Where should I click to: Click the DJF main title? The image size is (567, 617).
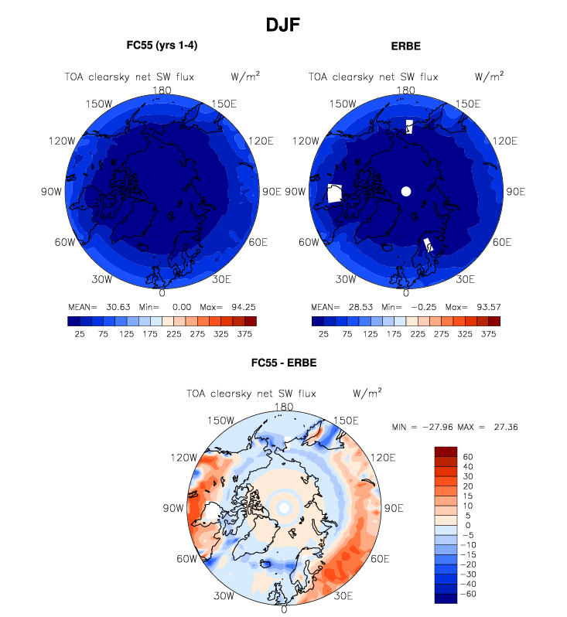point(282,26)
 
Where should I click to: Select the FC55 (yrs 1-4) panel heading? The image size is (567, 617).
point(161,46)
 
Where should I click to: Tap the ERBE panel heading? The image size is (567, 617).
point(405,46)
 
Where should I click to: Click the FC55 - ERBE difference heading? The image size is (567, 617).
point(283,363)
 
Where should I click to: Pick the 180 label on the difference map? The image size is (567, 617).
point(284,407)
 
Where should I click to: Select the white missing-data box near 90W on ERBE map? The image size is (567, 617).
point(335,193)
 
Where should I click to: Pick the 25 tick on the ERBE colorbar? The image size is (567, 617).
point(323,334)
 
